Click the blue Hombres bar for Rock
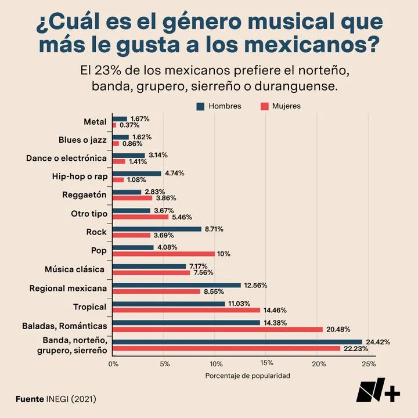pos(157,229)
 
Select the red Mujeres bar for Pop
pos(163,254)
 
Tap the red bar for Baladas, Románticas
pos(217,329)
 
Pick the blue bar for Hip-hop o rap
pos(136,173)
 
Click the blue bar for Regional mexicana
pos(176,285)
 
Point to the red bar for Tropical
pos(186,310)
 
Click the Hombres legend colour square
pos(201,106)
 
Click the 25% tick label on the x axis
pos(369,364)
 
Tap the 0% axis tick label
pos(113,364)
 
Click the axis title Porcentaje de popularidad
pos(247,376)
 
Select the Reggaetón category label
pos(84,195)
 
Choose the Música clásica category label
pos(74,269)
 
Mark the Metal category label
pos(95,122)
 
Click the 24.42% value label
pos(377,342)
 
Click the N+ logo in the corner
pos(378,392)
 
